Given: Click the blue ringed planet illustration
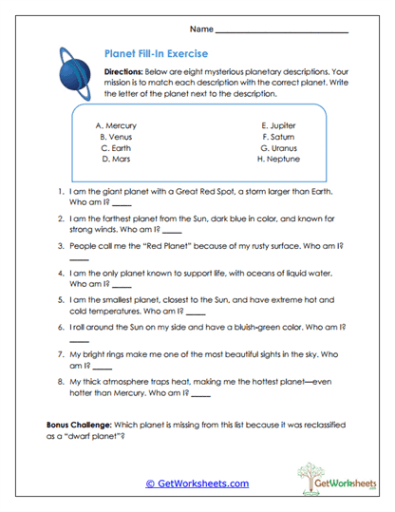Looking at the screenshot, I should coord(72,72).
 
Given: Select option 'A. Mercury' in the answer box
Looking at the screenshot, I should coord(117,125).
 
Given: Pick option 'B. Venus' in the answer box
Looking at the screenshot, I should coord(117,137).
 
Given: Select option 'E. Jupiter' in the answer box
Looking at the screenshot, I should coord(278,125).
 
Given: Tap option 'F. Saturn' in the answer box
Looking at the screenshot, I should coord(278,137).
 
